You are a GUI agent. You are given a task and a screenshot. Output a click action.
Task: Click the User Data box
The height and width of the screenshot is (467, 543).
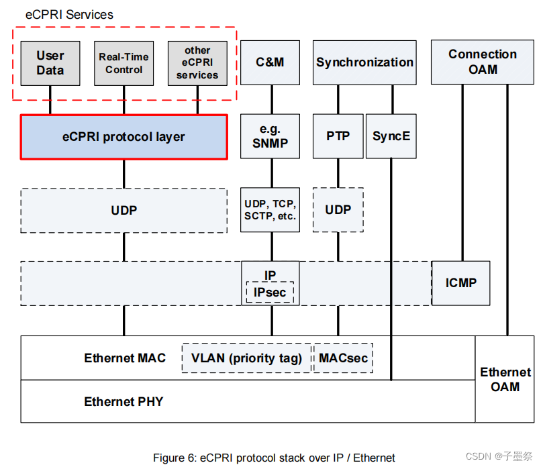click(x=50, y=63)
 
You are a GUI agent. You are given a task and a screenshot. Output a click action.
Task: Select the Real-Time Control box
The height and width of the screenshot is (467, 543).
click(x=124, y=63)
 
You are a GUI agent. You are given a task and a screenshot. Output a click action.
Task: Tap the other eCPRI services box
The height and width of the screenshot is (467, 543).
click(x=197, y=63)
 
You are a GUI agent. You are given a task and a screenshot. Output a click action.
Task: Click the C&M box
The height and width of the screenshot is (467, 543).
click(x=270, y=62)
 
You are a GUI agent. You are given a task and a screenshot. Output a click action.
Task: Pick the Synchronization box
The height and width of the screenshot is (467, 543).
click(x=364, y=62)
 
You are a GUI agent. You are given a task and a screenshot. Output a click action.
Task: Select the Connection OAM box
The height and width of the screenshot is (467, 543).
click(x=482, y=62)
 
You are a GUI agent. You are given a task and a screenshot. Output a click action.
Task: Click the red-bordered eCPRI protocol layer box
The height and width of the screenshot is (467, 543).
click(x=124, y=137)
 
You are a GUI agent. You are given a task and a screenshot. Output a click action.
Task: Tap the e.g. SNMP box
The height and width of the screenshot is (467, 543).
click(x=270, y=136)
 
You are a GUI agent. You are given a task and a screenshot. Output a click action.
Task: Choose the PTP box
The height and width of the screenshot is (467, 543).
click(x=338, y=136)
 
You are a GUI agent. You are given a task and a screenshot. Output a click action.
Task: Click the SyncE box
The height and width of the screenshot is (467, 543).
click(x=391, y=136)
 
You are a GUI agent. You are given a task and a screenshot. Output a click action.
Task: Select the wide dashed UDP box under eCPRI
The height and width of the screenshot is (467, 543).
click(x=124, y=211)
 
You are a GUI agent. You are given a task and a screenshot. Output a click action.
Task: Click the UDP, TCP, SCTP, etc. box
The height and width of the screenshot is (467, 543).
click(x=270, y=210)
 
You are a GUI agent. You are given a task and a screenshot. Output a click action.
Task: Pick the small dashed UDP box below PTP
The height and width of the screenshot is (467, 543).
click(x=338, y=210)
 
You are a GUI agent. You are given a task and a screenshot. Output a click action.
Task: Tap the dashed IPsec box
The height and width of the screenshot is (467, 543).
click(x=270, y=293)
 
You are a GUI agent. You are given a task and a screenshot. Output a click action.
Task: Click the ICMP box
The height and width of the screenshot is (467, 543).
click(x=460, y=283)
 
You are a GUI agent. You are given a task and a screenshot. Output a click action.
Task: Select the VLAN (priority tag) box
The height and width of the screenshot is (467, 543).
click(x=246, y=358)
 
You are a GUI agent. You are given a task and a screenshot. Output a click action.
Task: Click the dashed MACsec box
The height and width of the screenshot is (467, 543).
click(x=344, y=358)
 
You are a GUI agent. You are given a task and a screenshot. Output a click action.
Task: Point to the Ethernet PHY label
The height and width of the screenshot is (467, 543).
click(x=124, y=402)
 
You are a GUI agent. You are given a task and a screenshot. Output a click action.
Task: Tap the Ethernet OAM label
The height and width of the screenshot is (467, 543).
click(x=505, y=379)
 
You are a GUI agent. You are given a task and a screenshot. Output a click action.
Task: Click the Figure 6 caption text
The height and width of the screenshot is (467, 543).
click(x=274, y=458)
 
